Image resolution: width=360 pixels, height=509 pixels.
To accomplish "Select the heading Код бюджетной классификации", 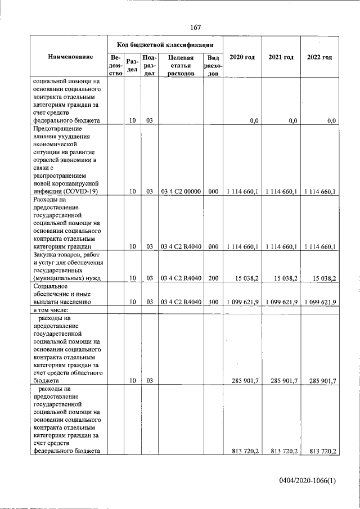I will pos(165,44).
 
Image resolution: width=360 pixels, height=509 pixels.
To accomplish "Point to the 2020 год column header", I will pos(242,57).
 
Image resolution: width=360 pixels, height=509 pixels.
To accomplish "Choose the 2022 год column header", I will pos(319,57).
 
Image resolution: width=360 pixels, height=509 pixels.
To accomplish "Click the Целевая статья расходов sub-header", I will pos(181,65).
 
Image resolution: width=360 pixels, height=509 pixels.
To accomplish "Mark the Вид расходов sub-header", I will pos(213,65).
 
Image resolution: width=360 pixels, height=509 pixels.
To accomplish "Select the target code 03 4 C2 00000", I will pos(181,192).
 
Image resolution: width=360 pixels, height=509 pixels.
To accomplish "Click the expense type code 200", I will pos(213,278).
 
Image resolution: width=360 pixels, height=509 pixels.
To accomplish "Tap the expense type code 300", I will pos(213,302).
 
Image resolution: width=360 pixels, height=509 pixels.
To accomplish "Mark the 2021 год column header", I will pos(281,57).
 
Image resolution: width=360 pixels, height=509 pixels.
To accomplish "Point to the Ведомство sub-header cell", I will pos(116,65).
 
